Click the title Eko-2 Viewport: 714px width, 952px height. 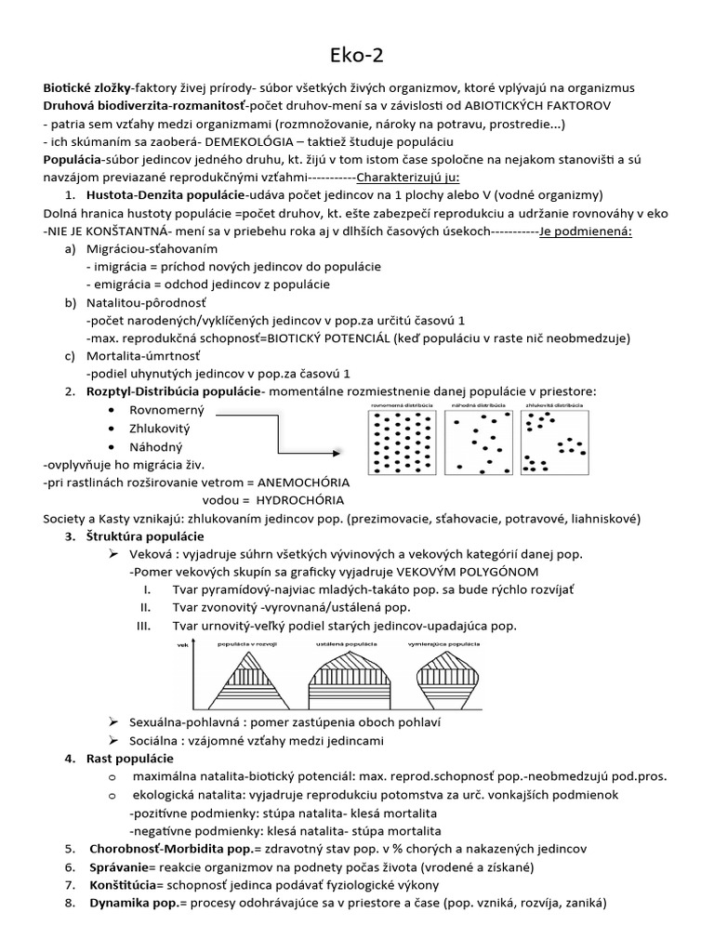point(357,55)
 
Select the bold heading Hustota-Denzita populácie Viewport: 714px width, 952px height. point(165,195)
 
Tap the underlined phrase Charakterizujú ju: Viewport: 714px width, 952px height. point(407,177)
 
